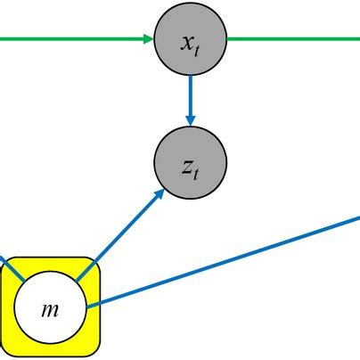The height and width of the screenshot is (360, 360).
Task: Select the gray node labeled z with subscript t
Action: pos(191,163)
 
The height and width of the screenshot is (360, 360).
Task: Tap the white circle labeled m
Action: pos(50,308)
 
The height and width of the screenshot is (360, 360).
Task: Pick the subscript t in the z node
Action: pos(197,172)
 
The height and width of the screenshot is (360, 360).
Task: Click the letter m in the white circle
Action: pos(50,309)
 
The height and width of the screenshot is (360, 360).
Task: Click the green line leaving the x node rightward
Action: pos(294,39)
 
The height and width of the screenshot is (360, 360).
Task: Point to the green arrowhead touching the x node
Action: pos(147,39)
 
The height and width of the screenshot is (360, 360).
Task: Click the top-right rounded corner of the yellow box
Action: pos(94,265)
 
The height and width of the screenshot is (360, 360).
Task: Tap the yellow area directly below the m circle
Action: pos(50,349)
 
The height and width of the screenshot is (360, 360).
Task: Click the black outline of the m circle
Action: pos(50,273)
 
